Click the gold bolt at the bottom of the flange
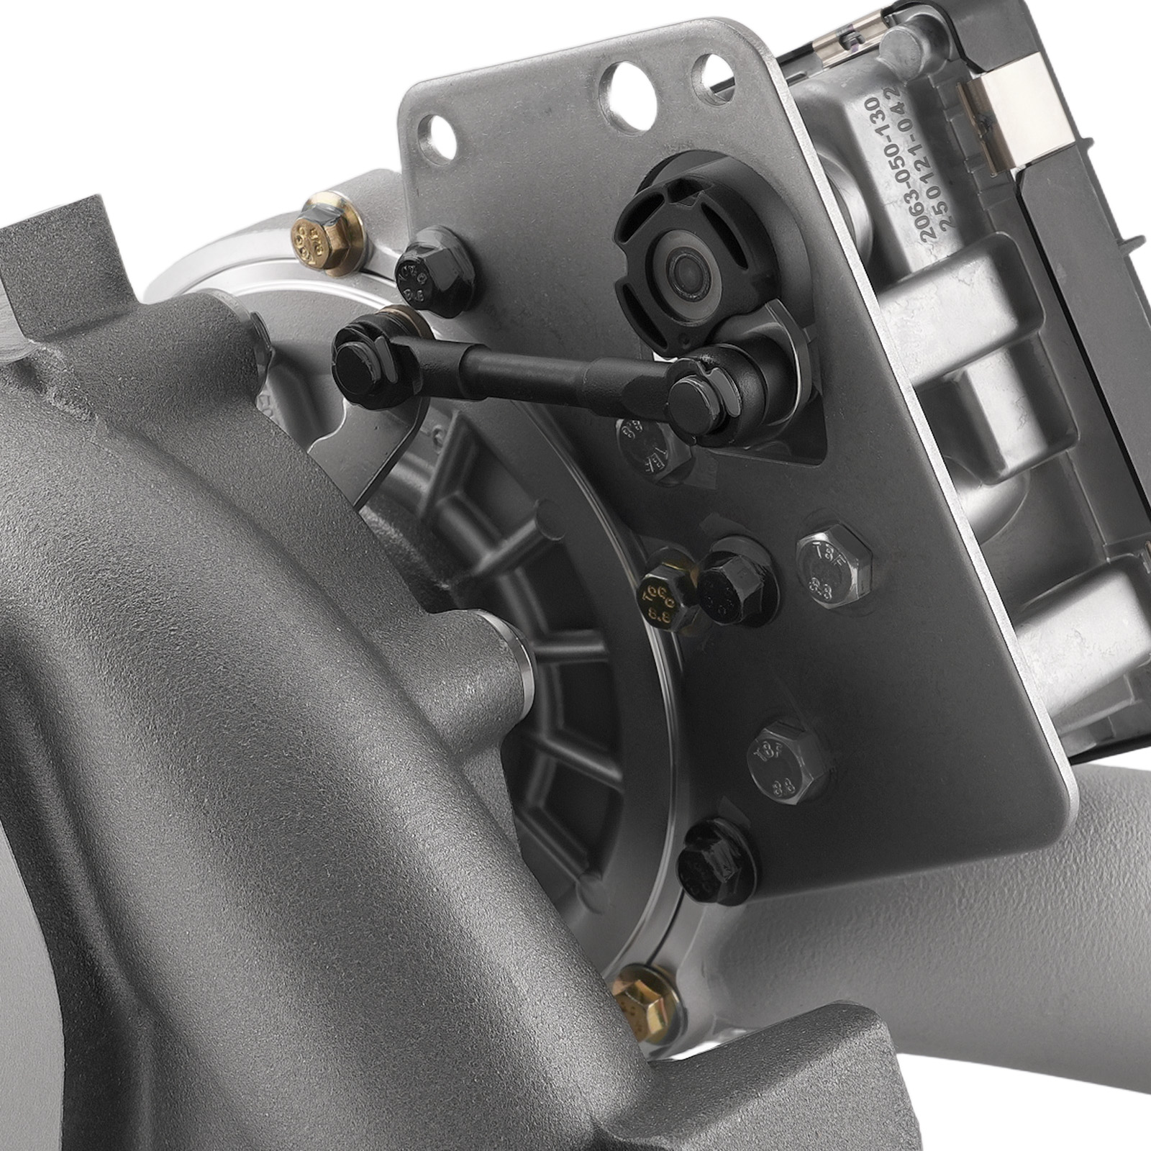click(637, 996)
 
